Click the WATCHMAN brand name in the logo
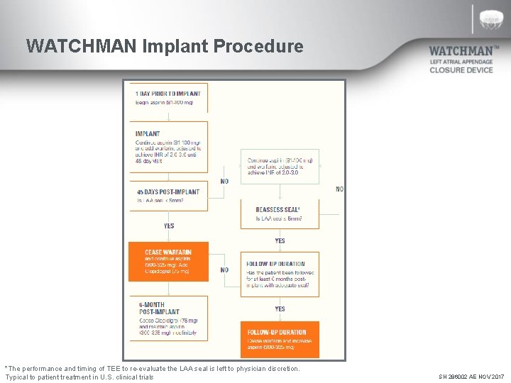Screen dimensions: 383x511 point(461,52)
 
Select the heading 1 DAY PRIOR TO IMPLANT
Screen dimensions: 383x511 point(168,94)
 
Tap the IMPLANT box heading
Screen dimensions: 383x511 point(148,133)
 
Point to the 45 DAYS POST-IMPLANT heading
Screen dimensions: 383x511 point(167,191)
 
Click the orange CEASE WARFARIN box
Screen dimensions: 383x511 point(168,262)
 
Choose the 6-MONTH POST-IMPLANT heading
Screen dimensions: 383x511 point(158,309)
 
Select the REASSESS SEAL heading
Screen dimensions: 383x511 point(278,209)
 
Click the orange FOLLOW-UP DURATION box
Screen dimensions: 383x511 point(280,340)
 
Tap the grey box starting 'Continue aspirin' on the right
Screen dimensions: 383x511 point(280,166)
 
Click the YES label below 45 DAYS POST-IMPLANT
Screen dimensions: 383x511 point(169,226)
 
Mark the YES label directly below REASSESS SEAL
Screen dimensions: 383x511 point(280,240)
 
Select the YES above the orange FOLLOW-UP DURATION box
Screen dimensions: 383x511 point(280,309)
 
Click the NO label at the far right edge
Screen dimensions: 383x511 point(339,189)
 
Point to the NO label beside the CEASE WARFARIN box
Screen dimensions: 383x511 point(224,270)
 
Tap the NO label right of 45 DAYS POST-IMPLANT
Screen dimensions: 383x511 point(224,182)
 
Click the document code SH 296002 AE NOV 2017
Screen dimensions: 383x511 point(471,377)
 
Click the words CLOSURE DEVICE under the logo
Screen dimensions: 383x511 point(461,70)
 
